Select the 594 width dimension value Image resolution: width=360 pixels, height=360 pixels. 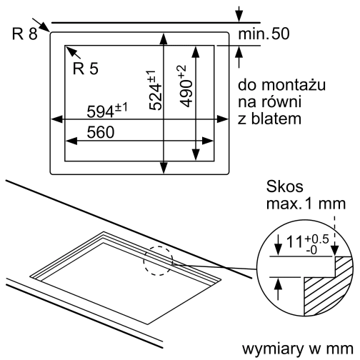coord(106,111)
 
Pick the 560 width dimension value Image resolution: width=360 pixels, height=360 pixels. coord(101,133)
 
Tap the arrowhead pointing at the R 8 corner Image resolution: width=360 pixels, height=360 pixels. coord(46,31)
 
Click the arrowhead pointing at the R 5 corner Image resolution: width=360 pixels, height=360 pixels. coord(68,49)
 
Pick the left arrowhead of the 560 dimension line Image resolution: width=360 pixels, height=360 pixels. coord(68,141)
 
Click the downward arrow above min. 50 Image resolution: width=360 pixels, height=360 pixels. coord(239,19)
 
